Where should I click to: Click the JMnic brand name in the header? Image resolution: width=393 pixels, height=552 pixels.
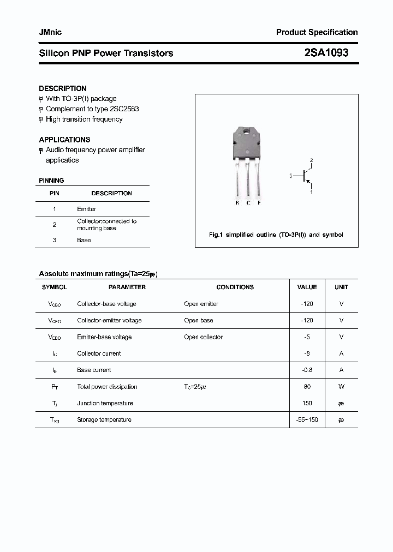(x=50, y=32)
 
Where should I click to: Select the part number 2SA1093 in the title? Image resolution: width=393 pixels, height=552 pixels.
(x=326, y=53)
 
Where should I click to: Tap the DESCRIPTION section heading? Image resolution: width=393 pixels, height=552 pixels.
(x=63, y=88)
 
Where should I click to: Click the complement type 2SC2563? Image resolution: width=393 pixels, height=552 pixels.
(x=124, y=109)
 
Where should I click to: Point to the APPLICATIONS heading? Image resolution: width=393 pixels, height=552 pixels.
(x=64, y=140)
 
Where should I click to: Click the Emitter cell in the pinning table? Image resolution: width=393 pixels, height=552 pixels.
(x=86, y=209)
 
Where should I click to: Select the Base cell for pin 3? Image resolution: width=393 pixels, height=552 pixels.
(x=84, y=240)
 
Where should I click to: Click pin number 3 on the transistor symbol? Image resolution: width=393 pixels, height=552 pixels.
(x=291, y=176)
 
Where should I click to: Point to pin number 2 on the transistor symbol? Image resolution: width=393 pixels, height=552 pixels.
(x=311, y=160)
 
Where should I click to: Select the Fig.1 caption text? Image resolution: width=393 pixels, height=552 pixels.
(x=276, y=235)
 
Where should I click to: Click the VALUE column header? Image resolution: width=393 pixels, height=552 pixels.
(x=307, y=287)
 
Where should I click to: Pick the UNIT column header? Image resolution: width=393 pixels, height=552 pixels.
(x=341, y=287)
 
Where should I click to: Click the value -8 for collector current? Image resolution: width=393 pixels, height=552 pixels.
(x=307, y=353)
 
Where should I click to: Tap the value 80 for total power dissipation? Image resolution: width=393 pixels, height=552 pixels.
(x=307, y=387)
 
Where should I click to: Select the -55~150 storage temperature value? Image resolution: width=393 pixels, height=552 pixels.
(x=307, y=419)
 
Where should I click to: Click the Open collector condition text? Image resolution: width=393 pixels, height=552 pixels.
(x=203, y=337)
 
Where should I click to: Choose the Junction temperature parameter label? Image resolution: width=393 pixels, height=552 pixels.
(x=105, y=403)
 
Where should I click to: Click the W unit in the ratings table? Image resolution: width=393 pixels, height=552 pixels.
(x=341, y=387)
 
